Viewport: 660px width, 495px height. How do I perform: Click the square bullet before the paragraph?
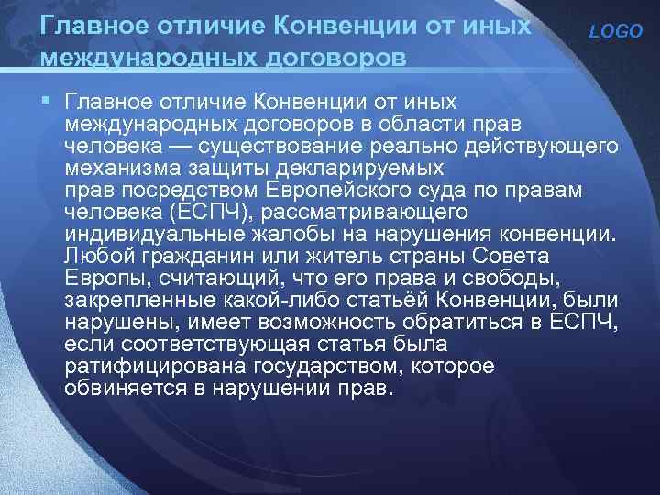(x=47, y=98)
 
